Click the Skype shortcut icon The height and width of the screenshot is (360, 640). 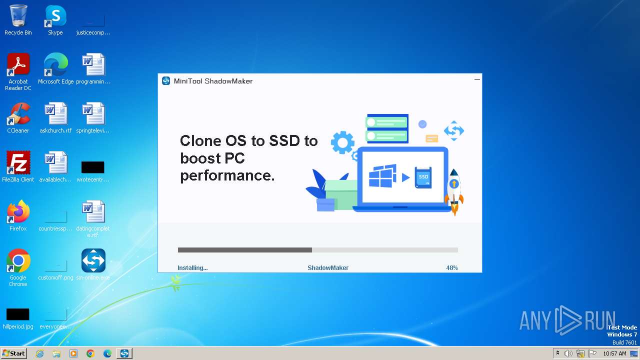pos(55,16)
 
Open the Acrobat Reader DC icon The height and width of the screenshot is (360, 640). pos(18,65)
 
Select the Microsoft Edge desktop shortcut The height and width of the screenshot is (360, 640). pos(55,65)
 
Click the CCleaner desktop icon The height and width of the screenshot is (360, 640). pos(18,114)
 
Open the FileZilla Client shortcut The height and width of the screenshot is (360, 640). pos(18,163)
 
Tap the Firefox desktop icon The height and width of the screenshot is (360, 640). pos(18,212)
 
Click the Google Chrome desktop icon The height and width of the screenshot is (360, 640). pos(18,261)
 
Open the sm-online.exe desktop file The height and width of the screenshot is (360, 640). pos(93,261)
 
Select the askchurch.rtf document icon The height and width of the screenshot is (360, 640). pos(55,114)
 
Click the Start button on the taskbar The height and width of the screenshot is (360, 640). pos(13,353)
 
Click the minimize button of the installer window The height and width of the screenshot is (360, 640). pos(477,79)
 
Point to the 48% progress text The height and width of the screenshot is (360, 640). pos(451,268)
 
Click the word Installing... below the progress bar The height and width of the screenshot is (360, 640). pos(192,268)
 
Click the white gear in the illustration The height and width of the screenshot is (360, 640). pos(342,143)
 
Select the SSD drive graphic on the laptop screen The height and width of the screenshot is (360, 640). pos(423,177)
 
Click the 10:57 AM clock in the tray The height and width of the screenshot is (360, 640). pos(614,353)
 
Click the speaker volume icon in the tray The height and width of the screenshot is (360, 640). pos(568,353)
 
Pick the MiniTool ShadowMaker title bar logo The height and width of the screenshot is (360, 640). pos(166,81)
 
